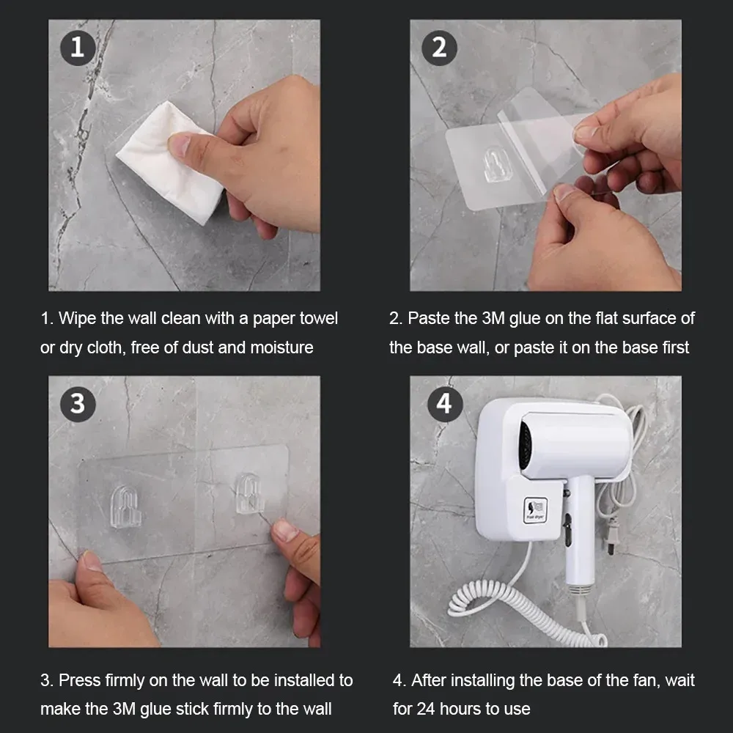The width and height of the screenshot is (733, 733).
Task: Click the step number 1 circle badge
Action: pyautogui.click(x=78, y=48)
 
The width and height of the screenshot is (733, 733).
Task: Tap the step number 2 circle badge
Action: pyautogui.click(x=439, y=48)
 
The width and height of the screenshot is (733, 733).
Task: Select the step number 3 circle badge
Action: pyautogui.click(x=78, y=404)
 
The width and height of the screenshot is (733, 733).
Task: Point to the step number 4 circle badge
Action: pyautogui.click(x=445, y=404)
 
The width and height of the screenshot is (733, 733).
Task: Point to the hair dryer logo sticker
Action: pyautogui.click(x=535, y=509)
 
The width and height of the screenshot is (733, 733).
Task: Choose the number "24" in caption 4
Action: pyautogui.click(x=426, y=709)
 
